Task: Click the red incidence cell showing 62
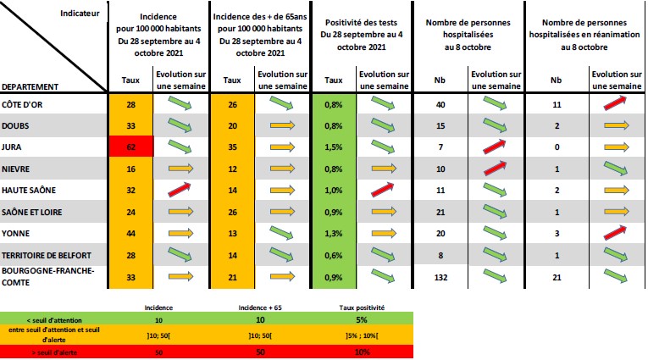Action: pos(131,147)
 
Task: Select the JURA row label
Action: pos(12,147)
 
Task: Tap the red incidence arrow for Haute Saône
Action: pos(180,189)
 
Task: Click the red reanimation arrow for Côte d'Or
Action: pos(615,103)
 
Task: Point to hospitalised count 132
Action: pos(440,277)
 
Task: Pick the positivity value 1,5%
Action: pos(334,147)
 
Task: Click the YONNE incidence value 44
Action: pos(131,234)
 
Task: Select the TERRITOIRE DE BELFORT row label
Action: pos(47,256)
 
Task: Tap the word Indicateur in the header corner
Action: pos(80,14)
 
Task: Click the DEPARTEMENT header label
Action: pos(30,86)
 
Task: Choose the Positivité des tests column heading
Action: pos(361,23)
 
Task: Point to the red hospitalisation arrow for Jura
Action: pos(495,147)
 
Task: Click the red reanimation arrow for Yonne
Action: pos(615,233)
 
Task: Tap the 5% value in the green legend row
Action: pos(362,320)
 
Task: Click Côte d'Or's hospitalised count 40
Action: pos(440,104)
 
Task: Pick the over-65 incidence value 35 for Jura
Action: pos(233,147)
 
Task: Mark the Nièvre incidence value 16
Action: pos(131,169)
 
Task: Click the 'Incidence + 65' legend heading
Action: pos(260,307)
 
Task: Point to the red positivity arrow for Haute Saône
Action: pos(383,189)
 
